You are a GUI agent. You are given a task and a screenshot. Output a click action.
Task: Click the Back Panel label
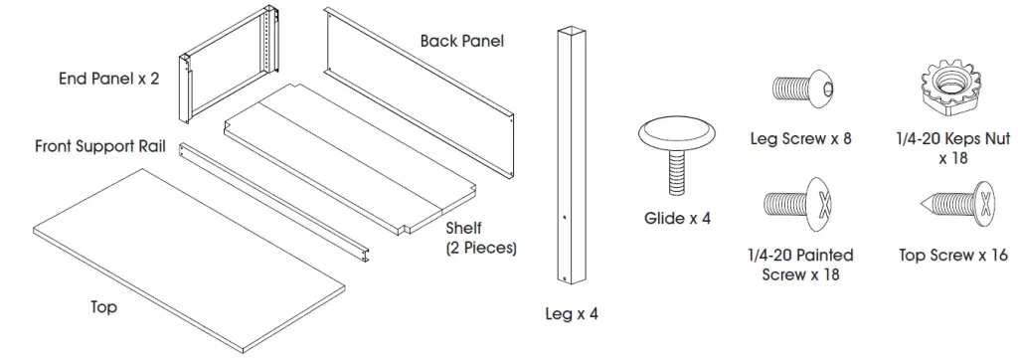pos(461,42)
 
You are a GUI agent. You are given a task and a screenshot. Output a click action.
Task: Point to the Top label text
pos(103,307)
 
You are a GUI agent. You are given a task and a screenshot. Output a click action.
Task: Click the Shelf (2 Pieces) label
pos(481,239)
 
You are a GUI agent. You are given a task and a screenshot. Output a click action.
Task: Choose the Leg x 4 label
pos(573,314)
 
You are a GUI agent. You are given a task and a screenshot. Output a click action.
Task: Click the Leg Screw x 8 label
pos(800,139)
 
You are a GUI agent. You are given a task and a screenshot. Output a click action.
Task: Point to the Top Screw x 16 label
pos(952,256)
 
